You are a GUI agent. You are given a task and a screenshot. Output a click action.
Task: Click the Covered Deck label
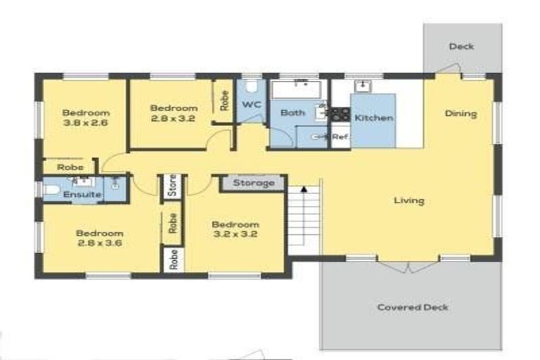tap(412, 307)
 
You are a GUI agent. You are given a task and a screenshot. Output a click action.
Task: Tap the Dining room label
tap(461, 113)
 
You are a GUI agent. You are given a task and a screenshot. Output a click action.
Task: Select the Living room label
tap(409, 200)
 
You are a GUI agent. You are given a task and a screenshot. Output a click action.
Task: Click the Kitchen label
tap(373, 117)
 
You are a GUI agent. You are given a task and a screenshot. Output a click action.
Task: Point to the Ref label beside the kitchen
tap(340, 136)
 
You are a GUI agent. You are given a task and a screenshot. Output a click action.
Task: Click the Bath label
tap(292, 112)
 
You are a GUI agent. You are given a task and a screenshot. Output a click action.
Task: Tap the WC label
tap(251, 104)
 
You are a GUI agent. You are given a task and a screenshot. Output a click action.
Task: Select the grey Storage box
tap(253, 183)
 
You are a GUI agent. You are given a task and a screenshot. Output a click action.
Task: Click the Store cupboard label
tap(172, 187)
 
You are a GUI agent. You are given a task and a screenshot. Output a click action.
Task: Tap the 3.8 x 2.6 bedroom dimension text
tap(85, 122)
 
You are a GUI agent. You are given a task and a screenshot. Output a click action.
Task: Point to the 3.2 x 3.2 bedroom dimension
tap(236, 235)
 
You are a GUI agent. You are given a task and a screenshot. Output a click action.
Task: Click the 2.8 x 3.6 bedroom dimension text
tap(99, 243)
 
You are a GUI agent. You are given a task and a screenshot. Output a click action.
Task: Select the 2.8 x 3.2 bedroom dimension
tap(173, 118)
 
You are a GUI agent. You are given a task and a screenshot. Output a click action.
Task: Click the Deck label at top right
tap(461, 46)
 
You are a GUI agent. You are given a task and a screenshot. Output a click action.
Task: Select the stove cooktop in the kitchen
tap(341, 113)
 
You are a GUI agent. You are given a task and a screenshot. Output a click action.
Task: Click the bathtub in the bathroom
tap(297, 89)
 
